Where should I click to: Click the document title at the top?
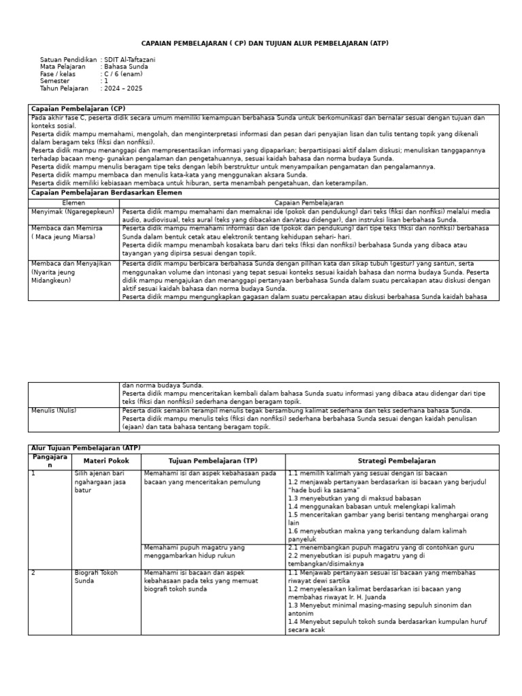pos(264,43)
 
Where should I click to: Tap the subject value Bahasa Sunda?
pos(126,67)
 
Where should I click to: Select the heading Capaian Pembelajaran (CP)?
pos(78,109)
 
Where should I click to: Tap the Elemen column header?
pos(73,203)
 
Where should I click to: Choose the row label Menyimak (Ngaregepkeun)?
pos(72,211)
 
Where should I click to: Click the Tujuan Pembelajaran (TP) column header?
pos(213,461)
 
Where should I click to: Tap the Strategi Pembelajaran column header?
pos(392,461)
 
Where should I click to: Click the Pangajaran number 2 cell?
pos(33,573)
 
